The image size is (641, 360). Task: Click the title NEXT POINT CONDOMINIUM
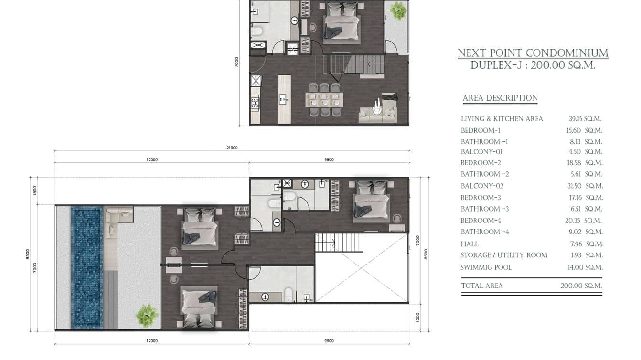pos(533,53)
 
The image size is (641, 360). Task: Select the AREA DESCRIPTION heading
pos(500,98)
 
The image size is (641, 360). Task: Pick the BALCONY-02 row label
pos(482,186)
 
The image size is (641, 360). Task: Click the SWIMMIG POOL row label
pos(486,267)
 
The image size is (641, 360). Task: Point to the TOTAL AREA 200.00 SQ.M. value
pos(581,286)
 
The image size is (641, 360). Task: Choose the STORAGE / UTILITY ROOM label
pos(504,255)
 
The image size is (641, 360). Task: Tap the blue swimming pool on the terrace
pos(86,267)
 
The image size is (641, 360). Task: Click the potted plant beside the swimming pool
pos(147,315)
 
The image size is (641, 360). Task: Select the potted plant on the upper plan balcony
pos(396,11)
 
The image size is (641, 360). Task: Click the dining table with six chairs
pos(324,100)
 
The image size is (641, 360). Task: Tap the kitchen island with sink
pos(284,99)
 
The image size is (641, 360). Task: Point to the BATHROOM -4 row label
pos(485,232)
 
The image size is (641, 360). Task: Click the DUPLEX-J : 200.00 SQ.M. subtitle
pos(533,66)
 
